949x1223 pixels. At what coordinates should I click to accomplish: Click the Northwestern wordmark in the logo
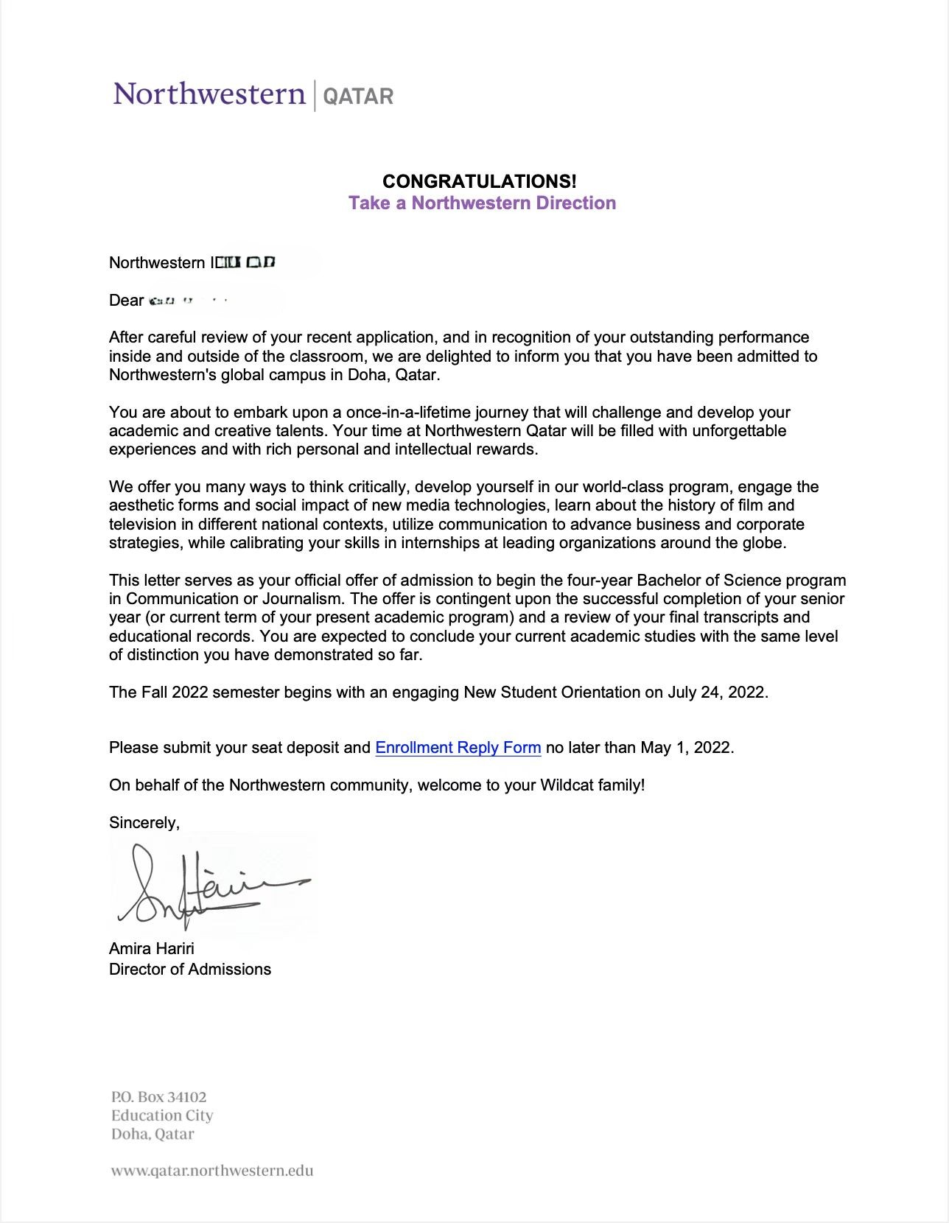tap(209, 95)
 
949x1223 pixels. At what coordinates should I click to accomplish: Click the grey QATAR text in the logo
tap(359, 97)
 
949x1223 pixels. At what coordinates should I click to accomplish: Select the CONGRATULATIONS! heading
tap(479, 181)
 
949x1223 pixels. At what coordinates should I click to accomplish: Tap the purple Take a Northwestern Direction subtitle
tap(482, 203)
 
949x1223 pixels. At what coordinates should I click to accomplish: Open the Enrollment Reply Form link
tap(458, 748)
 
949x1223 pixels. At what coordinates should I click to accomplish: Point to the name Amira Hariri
tap(152, 948)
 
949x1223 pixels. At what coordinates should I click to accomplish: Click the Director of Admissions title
tap(190, 970)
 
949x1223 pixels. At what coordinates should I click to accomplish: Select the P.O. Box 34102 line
tap(159, 1098)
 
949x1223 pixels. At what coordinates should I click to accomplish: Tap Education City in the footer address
tap(162, 1116)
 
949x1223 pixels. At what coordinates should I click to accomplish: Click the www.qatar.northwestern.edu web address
tap(212, 1171)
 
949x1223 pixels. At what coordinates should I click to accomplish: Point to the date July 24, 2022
tap(717, 693)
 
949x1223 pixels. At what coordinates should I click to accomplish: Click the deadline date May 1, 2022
tap(685, 748)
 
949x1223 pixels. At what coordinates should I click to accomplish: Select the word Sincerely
tap(144, 823)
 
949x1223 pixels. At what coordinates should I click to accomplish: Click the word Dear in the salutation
tap(126, 301)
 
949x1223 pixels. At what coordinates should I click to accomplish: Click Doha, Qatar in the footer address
tap(153, 1135)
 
